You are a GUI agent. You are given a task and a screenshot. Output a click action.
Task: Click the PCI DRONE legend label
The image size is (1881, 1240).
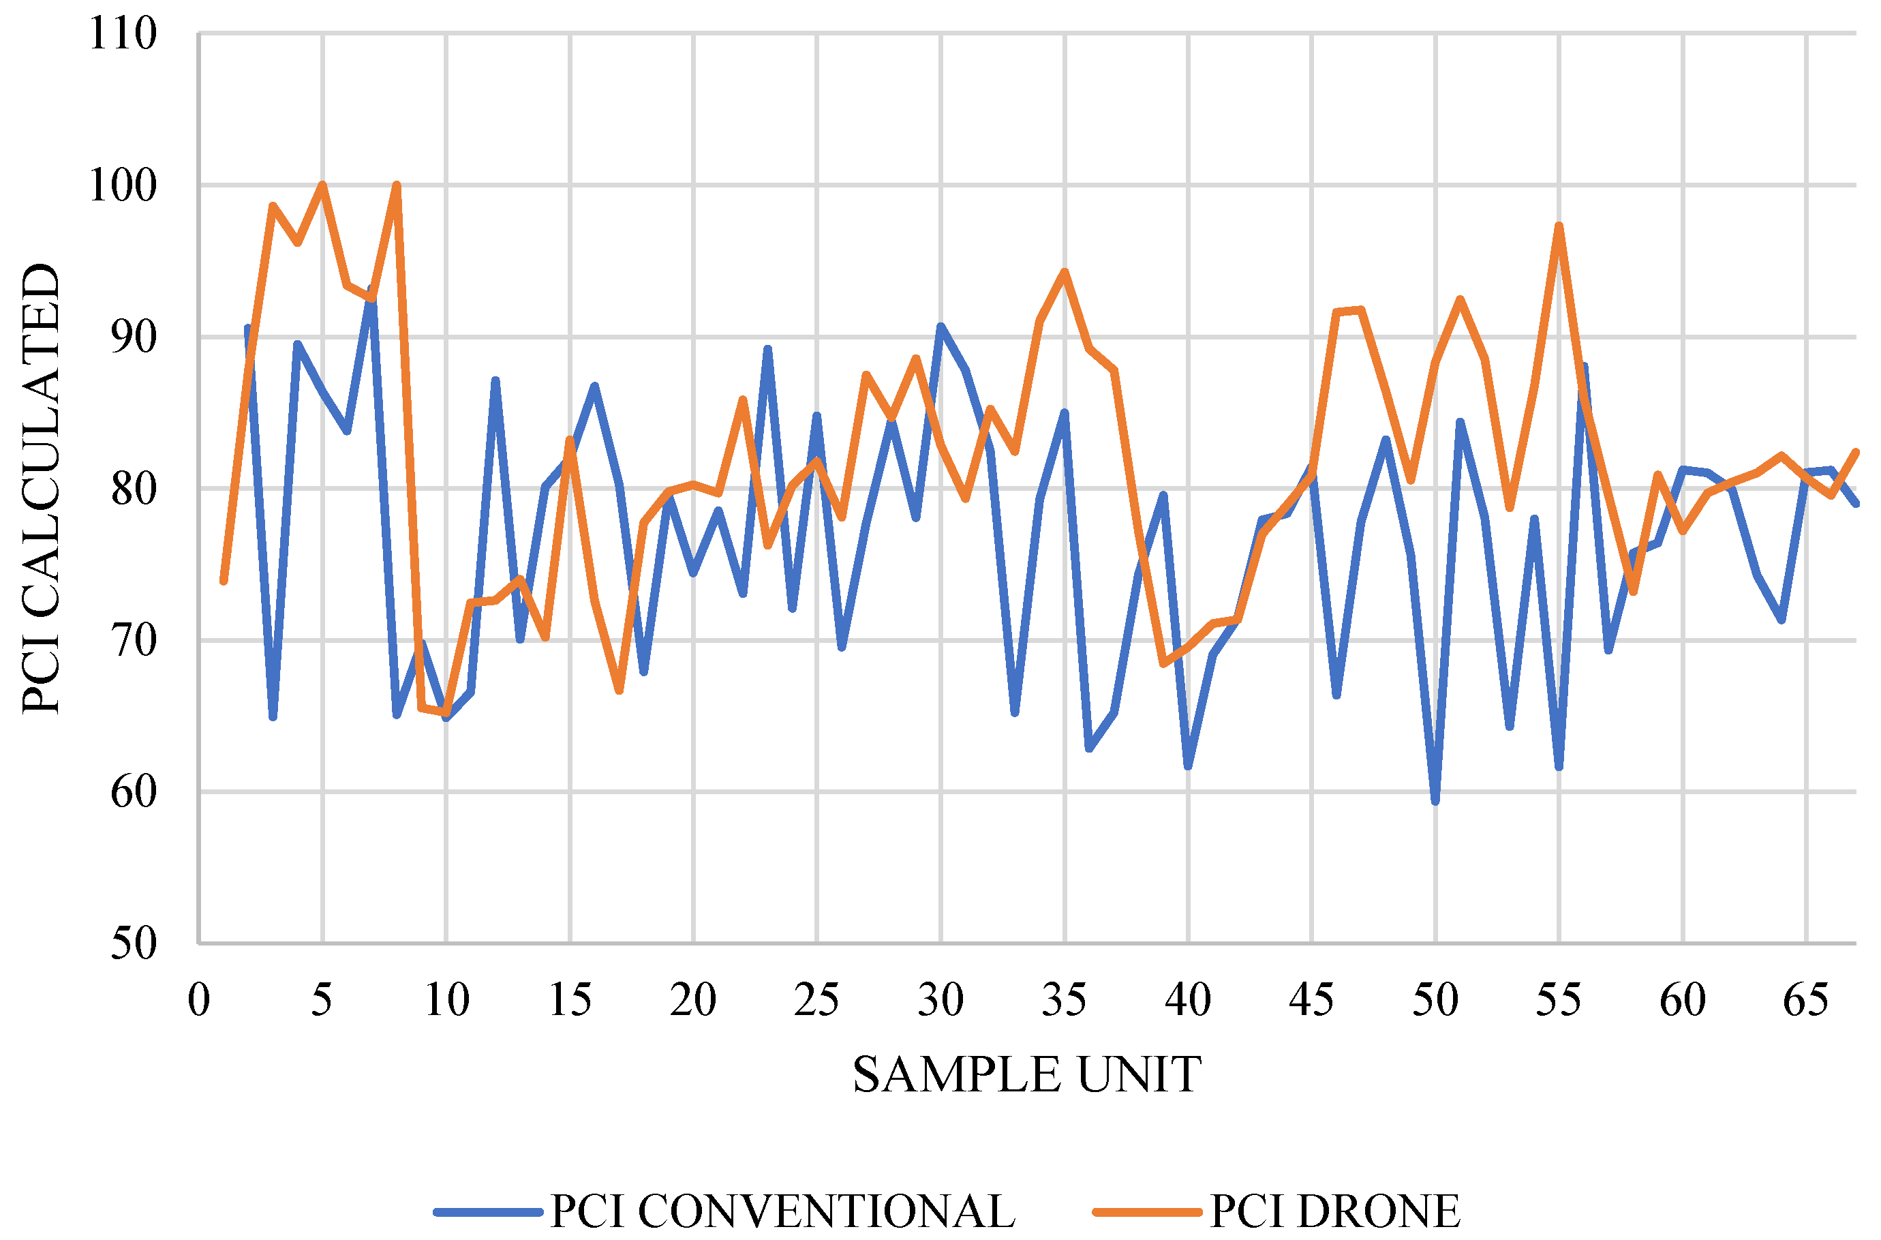click(1334, 1211)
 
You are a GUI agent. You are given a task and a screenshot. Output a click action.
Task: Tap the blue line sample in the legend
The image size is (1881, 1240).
click(488, 1211)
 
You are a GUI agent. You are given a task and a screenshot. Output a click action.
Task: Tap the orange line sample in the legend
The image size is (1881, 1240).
click(1146, 1211)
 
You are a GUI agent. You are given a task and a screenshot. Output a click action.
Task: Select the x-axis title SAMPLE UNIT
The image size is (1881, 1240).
click(1026, 1075)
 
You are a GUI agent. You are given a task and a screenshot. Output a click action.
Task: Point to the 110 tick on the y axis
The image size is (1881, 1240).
click(123, 34)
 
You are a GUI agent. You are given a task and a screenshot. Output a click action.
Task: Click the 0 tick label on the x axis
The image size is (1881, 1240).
click(199, 999)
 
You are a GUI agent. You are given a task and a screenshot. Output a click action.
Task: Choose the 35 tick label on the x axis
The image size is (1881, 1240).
click(1065, 999)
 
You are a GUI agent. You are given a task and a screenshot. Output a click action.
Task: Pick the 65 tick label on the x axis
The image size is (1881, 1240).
click(1806, 999)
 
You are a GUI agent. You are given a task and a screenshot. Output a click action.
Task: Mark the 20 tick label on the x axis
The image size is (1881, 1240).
click(692, 999)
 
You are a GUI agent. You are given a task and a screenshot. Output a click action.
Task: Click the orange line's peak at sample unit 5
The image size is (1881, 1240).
click(322, 185)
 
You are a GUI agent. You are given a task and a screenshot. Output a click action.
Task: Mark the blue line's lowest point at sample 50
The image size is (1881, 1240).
click(1435, 801)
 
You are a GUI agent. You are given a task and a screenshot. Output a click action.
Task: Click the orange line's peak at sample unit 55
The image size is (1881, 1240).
click(1559, 226)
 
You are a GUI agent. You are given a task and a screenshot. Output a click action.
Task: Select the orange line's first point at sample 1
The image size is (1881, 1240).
click(224, 581)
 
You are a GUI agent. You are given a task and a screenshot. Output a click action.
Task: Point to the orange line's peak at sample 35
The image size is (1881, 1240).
click(1065, 271)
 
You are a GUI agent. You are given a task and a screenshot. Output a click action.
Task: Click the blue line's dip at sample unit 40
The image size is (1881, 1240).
click(1188, 766)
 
